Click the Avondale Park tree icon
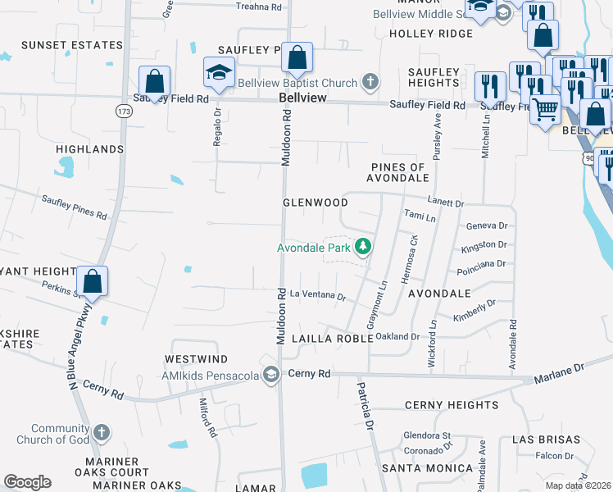coord(361,247)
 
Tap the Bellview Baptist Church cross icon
coord(370,83)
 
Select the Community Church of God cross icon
coord(101,432)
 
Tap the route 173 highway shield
coord(124,111)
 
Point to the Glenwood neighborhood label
coord(316,202)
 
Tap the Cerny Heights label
coord(452,405)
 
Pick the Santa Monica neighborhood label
coord(427,467)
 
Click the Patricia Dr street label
coord(365,404)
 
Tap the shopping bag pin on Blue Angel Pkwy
coord(93,281)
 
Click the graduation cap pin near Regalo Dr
coord(219,74)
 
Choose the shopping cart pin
coord(545,107)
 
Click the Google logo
coord(27,481)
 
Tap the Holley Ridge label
coord(431,34)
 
